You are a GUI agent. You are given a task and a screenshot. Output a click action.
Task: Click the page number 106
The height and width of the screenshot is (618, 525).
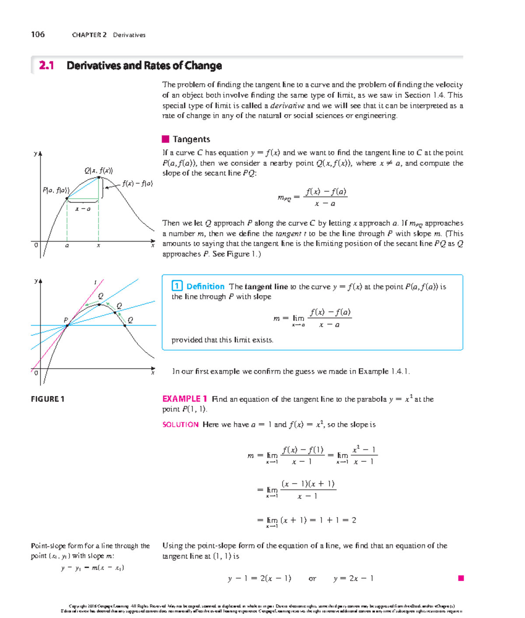pos(38,35)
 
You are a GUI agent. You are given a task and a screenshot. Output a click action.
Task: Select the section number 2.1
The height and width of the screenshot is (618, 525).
pos(46,66)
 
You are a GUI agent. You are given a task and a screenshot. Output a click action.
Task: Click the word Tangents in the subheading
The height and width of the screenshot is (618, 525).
pos(191,139)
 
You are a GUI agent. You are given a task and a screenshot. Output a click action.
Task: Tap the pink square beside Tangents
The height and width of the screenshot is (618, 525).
pos(165,139)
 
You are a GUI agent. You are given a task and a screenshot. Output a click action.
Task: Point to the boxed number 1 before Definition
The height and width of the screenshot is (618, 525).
pos(177,286)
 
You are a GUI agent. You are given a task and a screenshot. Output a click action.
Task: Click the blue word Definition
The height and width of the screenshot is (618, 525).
pos(205,287)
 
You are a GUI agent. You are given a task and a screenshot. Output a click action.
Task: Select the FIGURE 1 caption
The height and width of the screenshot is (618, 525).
pos(48,399)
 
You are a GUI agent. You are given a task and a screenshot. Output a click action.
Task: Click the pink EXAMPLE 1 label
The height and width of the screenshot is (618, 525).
pos(184,399)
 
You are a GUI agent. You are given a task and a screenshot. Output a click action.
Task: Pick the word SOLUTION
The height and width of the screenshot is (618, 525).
pos(180,425)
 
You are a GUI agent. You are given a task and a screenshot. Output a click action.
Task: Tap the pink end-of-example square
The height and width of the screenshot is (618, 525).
pos(461,578)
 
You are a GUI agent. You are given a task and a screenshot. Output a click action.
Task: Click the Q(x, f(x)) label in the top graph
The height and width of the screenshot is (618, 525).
pos(98,170)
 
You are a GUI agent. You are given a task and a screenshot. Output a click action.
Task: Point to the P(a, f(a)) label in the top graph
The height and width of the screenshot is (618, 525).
pos(56,190)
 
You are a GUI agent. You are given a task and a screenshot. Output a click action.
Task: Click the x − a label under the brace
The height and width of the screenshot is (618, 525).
pos(83,209)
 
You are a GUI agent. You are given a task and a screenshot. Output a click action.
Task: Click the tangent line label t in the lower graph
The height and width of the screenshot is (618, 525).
pos(95,283)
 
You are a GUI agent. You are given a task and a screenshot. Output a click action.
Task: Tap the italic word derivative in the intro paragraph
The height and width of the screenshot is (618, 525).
pos(287,105)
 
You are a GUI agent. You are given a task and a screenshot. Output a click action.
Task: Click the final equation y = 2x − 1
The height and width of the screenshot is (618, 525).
pos(353,579)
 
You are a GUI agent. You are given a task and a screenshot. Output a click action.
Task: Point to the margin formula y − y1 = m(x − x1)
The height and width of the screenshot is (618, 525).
pos(93,568)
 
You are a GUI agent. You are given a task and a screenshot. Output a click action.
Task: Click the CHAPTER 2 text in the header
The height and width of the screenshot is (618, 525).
pos(89,35)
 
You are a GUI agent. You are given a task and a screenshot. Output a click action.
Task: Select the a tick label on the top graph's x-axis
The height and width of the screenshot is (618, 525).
pos(67,246)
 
